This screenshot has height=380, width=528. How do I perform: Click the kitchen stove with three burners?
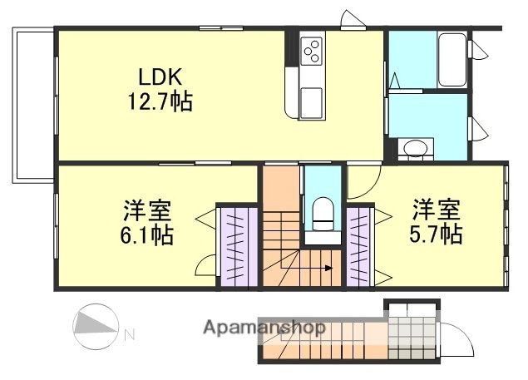click(313, 51)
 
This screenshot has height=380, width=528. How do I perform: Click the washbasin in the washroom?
click(413, 149)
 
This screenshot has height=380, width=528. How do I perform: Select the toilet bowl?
click(321, 213)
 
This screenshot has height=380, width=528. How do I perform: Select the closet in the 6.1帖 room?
click(238, 247)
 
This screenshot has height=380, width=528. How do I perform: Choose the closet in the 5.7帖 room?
click(359, 246)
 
